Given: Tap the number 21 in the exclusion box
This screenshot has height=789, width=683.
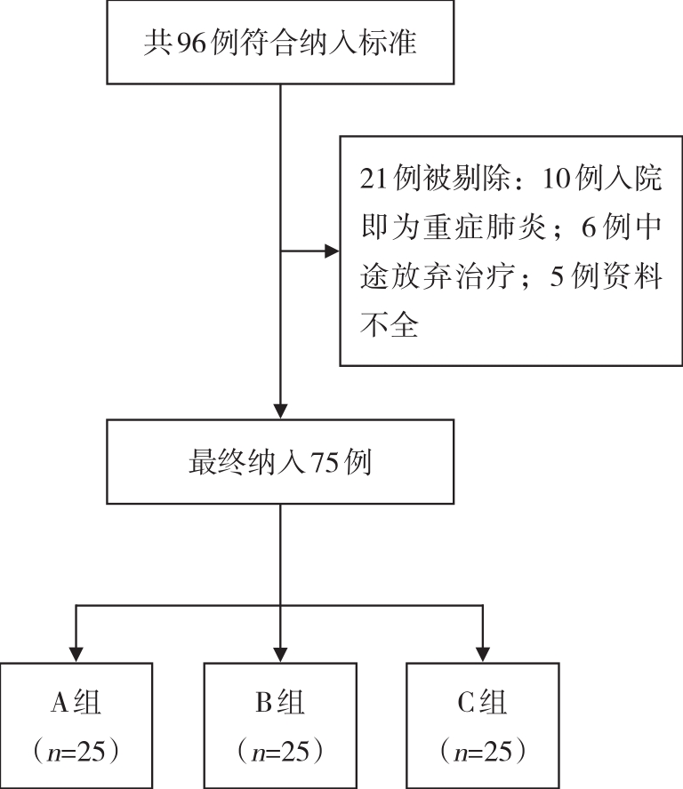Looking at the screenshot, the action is point(374,178).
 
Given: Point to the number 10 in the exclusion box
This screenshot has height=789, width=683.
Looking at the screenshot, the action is point(557,178).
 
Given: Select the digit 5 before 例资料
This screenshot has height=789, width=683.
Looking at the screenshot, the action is point(557,276).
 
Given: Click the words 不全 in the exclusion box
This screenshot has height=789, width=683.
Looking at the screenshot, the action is point(390,324).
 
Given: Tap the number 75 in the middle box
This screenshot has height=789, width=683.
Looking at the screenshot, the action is point(324,462).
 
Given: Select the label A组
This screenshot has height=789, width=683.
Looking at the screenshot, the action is point(76,702).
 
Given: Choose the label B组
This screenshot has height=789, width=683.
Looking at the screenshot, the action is point(280,702).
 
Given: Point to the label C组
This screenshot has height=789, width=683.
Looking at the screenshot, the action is point(482,702).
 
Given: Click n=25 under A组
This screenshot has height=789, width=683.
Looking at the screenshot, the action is point(76,752).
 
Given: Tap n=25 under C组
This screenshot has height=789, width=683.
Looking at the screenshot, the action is point(483,752).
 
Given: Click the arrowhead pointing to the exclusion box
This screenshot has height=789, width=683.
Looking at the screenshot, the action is point(333,251).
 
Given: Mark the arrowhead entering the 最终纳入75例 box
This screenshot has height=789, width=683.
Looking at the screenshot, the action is point(280,411).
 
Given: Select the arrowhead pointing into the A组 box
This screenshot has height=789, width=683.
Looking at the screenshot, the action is point(76,655).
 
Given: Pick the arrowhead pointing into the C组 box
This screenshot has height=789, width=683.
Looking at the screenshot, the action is point(483,655).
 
